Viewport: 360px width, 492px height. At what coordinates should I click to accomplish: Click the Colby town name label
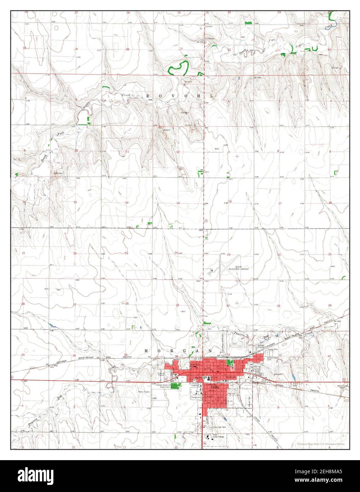point(215,388)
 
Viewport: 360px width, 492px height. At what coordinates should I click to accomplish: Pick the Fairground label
point(196,397)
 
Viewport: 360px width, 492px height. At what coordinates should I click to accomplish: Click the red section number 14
point(126,202)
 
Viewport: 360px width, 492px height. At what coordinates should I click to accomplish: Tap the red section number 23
point(126,253)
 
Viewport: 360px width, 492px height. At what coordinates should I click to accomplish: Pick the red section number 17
point(280,203)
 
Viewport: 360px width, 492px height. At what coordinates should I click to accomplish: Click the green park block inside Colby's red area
point(232,362)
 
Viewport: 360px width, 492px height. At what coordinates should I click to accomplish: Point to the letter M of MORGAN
point(146,350)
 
